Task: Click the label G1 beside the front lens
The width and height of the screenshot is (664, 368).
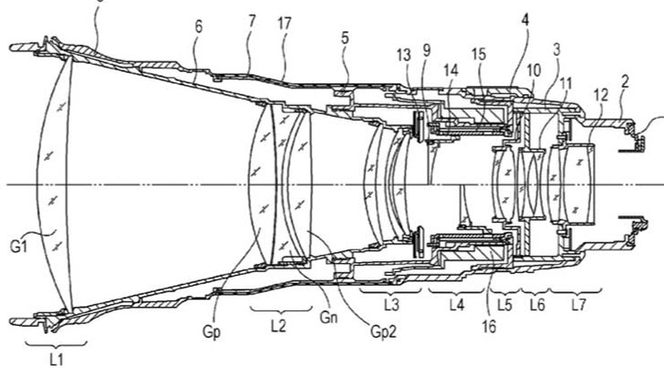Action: click(x=18, y=247)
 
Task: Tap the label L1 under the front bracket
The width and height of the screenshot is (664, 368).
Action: click(x=57, y=360)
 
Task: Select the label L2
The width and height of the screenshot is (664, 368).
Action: click(x=279, y=325)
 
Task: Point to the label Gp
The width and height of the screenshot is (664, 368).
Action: click(x=212, y=332)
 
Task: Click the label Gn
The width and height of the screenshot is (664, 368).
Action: click(x=328, y=317)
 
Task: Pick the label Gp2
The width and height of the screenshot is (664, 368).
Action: click(x=384, y=331)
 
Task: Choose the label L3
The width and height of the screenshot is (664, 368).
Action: click(x=391, y=305)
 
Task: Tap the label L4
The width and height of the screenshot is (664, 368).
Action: click(x=456, y=305)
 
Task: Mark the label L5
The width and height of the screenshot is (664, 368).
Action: click(x=504, y=305)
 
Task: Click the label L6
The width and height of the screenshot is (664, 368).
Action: click(x=537, y=305)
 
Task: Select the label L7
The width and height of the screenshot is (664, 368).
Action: click(x=578, y=305)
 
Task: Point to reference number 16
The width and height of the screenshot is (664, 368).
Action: click(x=489, y=327)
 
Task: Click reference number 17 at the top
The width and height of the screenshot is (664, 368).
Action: click(x=284, y=24)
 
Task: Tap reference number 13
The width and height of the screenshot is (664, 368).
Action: click(x=403, y=55)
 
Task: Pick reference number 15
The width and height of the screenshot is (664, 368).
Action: click(x=479, y=54)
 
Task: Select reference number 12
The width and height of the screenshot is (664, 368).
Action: click(x=600, y=95)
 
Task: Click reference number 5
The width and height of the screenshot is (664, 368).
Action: click(x=345, y=37)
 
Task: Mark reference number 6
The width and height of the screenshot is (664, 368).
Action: click(x=199, y=26)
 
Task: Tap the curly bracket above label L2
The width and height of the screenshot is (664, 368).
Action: click(x=281, y=310)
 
